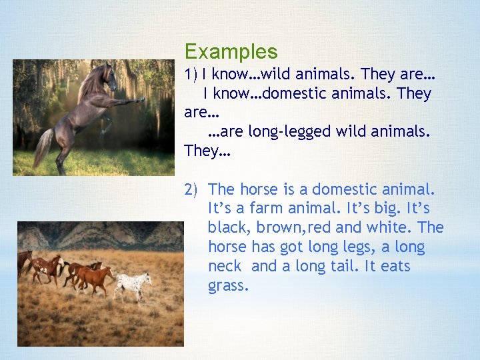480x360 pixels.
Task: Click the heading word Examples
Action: click(x=231, y=51)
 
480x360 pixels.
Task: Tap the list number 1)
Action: click(x=192, y=75)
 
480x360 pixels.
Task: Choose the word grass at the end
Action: click(x=228, y=286)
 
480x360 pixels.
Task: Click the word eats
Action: click(x=392, y=267)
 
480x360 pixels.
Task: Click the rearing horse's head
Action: click(x=109, y=75)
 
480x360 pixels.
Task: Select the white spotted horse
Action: click(x=133, y=283)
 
